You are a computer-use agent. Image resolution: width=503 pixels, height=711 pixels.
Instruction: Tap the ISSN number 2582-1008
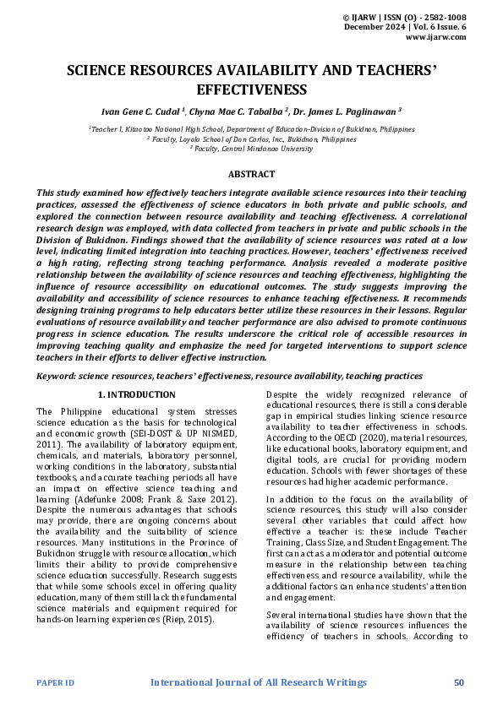[x=445, y=18]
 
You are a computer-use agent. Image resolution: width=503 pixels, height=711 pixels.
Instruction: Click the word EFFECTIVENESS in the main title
[x=251, y=90]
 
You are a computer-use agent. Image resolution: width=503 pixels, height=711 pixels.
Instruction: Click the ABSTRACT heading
[x=251, y=174]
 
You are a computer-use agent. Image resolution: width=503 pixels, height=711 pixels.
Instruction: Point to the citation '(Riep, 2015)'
[x=189, y=619]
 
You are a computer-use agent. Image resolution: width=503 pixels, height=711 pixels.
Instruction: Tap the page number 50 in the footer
[x=459, y=681]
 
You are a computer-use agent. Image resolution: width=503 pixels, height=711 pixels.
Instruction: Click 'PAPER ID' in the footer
[x=55, y=682]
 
